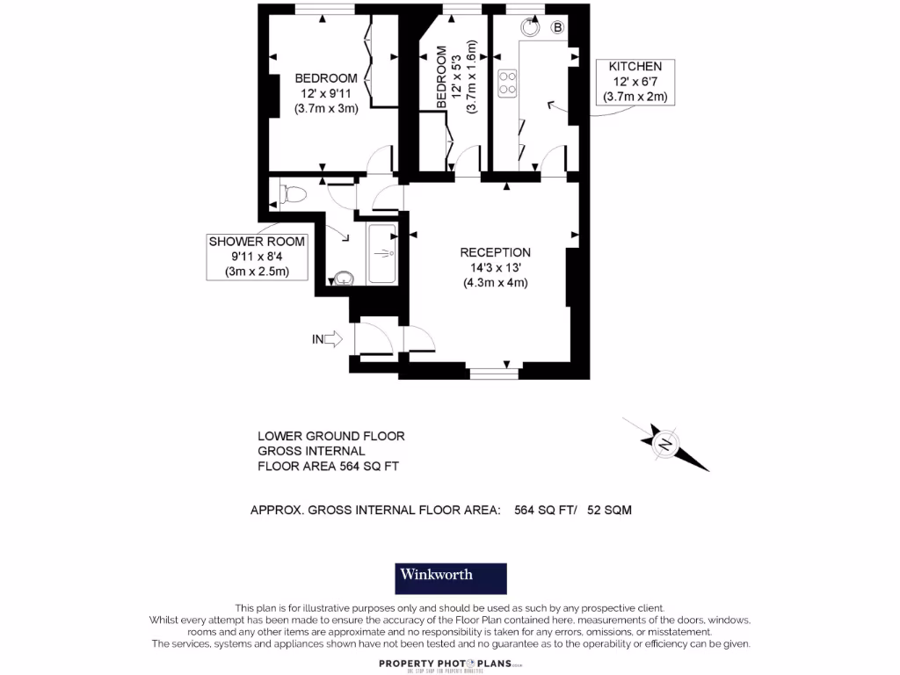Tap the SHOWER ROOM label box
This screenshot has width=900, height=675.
[x=257, y=256]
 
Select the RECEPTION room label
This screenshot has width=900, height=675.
[x=496, y=252]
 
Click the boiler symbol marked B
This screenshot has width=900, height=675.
[x=556, y=27]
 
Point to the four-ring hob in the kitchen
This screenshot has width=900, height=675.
[x=507, y=83]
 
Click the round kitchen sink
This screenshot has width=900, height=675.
[x=530, y=26]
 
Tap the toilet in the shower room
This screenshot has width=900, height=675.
[x=290, y=192]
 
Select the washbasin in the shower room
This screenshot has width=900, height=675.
[x=343, y=279]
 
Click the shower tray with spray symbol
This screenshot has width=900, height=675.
[x=382, y=254]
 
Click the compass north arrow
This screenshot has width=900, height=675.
[x=666, y=442]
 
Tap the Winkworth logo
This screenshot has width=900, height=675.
[x=450, y=577]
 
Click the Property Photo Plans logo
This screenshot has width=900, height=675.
[x=450, y=664]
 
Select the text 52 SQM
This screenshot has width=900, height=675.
[x=609, y=509]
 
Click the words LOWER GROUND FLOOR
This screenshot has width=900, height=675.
[x=330, y=436]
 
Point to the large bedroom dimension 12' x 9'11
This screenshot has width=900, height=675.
[x=326, y=94]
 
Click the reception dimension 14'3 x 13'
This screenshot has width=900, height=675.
[x=496, y=268]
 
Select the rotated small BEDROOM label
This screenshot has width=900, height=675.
[x=441, y=77]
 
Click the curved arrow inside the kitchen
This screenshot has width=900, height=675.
[x=554, y=107]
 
